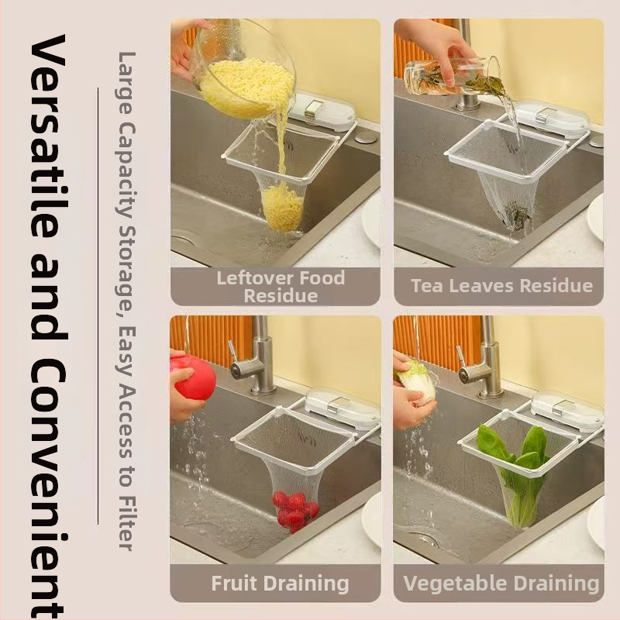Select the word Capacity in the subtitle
click(127, 169)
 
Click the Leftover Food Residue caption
click(281, 286)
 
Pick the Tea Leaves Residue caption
click(501, 285)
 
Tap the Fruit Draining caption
click(280, 584)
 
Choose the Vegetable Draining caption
click(501, 584)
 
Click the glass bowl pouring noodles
click(246, 69)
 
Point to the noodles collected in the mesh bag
click(282, 208)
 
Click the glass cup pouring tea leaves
click(451, 75)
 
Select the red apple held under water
click(193, 376)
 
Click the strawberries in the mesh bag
click(295, 511)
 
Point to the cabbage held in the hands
click(416, 382)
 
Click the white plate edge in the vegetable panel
click(596, 521)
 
